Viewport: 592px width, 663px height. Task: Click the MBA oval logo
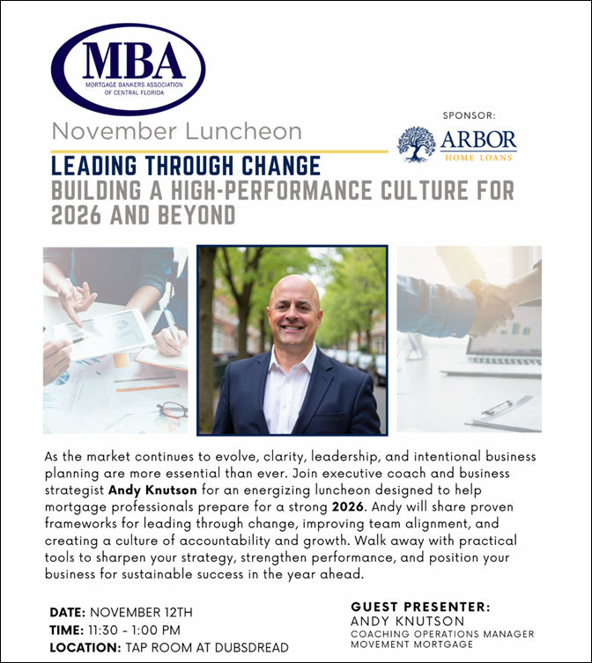(128, 70)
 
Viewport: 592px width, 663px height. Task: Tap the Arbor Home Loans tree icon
(417, 144)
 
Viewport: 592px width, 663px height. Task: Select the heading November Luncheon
(176, 132)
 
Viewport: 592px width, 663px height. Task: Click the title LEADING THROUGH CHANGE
(186, 165)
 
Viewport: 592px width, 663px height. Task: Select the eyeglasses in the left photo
(172, 409)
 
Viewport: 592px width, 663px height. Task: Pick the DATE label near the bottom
(67, 612)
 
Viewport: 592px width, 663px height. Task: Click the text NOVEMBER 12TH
(141, 612)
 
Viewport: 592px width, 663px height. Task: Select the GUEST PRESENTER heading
(420, 607)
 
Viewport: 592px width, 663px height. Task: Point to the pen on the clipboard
(498, 408)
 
